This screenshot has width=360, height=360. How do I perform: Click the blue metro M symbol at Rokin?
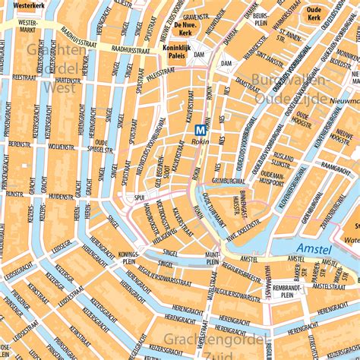[x=201, y=130]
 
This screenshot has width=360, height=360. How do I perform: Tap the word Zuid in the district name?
[x=215, y=353]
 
